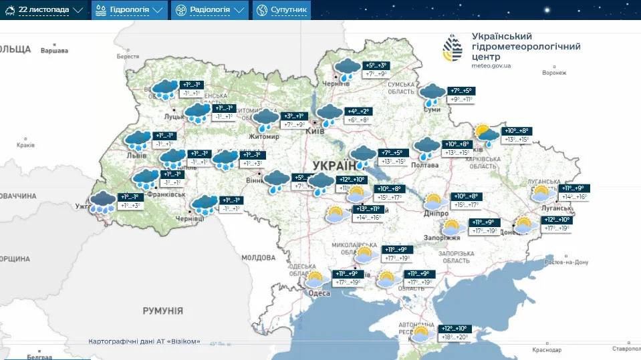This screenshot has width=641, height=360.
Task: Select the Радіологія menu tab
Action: (x=209, y=10)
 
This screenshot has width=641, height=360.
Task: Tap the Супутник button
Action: (x=281, y=10)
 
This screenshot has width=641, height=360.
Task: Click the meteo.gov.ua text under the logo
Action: (x=491, y=65)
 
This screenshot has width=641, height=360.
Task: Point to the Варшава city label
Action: (x=54, y=51)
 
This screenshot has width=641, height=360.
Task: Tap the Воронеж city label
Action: (x=555, y=73)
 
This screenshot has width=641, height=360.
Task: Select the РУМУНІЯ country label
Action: (x=162, y=311)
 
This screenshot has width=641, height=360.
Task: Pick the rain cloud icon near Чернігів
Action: (x=347, y=69)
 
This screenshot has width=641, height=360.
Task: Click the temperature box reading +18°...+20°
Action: (x=454, y=337)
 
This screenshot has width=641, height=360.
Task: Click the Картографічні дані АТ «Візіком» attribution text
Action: (x=144, y=341)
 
